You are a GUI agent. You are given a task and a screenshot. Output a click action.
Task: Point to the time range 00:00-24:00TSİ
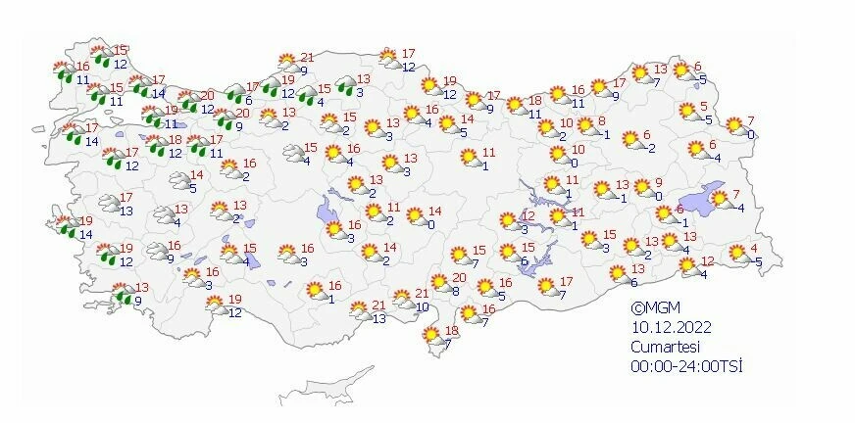686,366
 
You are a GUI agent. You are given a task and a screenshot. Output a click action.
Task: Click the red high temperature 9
659,183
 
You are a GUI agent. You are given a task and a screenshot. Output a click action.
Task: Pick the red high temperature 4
753,248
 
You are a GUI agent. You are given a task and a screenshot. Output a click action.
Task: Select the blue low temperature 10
422,307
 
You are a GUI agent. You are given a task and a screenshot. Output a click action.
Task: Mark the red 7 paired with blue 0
751,120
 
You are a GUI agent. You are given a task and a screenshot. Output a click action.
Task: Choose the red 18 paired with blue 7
452,330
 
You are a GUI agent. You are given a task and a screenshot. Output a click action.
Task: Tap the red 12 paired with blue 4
708,260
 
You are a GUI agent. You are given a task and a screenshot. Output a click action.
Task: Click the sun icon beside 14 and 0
415,216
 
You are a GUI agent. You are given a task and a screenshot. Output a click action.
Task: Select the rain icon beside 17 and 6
235,94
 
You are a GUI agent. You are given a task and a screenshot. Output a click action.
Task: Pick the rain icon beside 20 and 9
226,120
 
